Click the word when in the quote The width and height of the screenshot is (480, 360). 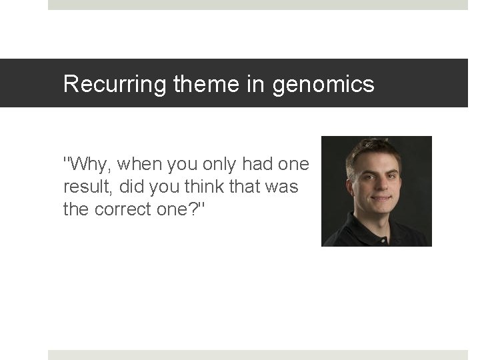(x=141, y=163)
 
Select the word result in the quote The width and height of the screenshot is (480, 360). (x=84, y=187)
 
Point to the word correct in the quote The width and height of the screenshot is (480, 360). (x=117, y=209)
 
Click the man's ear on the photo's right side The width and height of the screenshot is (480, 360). (x=401, y=181)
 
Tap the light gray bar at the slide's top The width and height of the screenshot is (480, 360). (x=257, y=5)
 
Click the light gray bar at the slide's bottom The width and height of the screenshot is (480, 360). (x=257, y=355)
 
